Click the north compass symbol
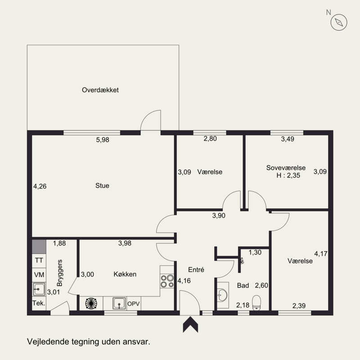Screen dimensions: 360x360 (x=339, y=22)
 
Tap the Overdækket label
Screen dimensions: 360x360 (x=100, y=90)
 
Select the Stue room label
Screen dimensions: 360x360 (x=102, y=185)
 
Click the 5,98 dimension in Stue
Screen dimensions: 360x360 (x=103, y=139)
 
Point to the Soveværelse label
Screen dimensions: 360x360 (x=286, y=167)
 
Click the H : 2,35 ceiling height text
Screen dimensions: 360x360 (x=288, y=175)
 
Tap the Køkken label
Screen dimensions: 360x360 (x=125, y=274)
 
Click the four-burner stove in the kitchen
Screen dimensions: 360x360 (x=167, y=281)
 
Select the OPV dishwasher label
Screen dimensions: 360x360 (x=133, y=304)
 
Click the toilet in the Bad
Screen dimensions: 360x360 (x=256, y=302)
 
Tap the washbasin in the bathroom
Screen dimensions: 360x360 (x=223, y=295)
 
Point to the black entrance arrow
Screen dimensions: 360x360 (x=190, y=324)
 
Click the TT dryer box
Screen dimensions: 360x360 (x=39, y=261)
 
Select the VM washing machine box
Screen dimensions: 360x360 (x=39, y=275)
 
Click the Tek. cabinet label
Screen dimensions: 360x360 (x=39, y=303)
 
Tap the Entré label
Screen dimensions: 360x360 (x=196, y=270)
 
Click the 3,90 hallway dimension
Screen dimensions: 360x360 (x=219, y=216)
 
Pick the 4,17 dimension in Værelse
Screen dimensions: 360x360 (x=321, y=254)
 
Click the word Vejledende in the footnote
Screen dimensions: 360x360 (x=48, y=342)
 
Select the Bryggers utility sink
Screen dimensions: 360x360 (x=39, y=289)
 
